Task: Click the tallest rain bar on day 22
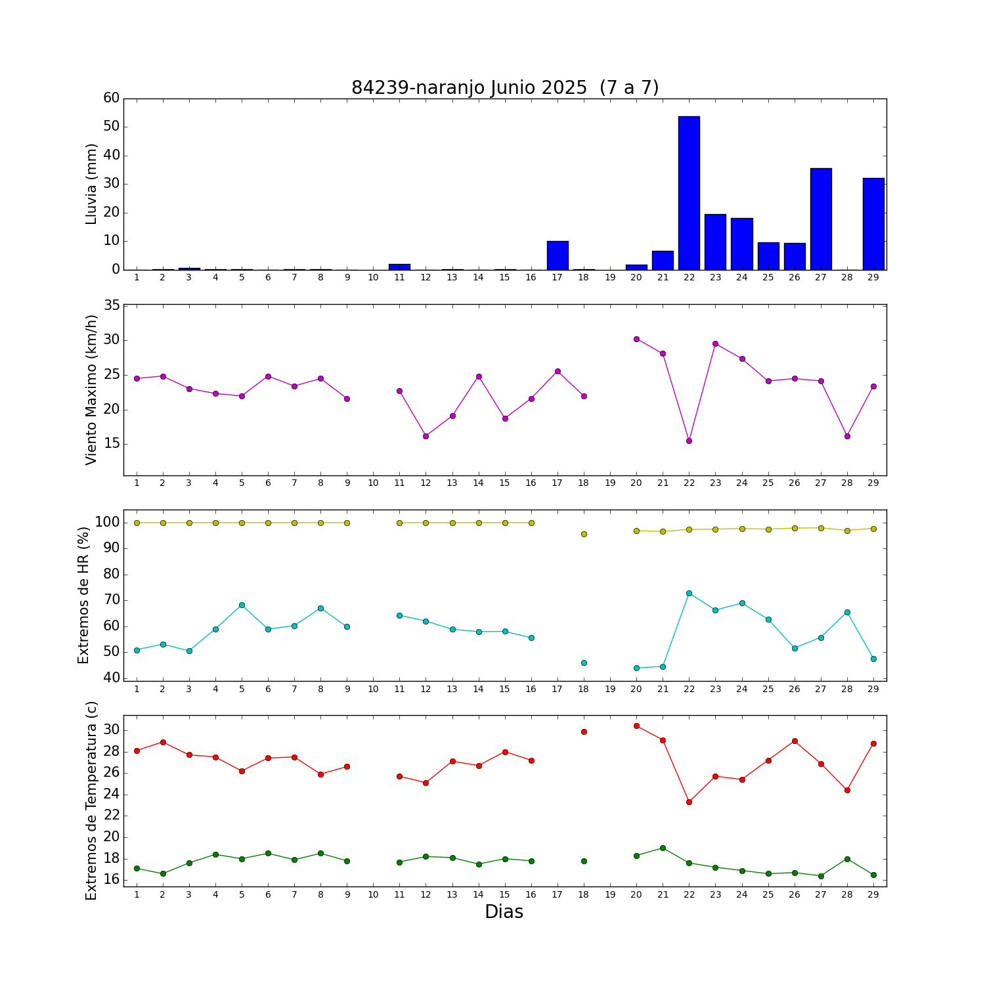(x=689, y=193)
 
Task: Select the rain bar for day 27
(x=821, y=219)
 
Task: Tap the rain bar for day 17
(x=558, y=255)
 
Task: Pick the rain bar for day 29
(x=873, y=224)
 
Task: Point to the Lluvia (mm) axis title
(x=91, y=184)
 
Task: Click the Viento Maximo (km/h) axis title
(x=91, y=389)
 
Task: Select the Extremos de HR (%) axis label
(x=83, y=595)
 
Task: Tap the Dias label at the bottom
(x=504, y=911)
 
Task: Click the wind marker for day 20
(x=636, y=339)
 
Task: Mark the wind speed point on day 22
(x=689, y=441)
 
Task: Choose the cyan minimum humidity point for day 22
(x=689, y=593)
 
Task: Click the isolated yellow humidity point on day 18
(x=584, y=534)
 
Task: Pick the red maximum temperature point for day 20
(x=636, y=726)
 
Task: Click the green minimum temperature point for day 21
(x=663, y=848)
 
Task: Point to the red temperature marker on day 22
(x=689, y=802)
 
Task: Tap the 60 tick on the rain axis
(x=112, y=98)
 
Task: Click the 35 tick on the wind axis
(x=112, y=305)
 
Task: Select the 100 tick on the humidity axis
(x=108, y=523)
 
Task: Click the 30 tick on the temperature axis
(x=112, y=730)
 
